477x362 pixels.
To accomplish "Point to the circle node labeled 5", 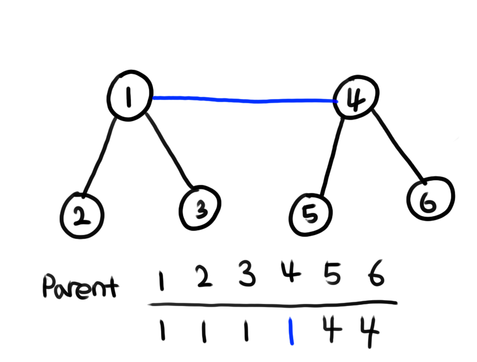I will pos(311,215).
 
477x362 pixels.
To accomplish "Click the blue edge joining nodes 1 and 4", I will pos(242,100).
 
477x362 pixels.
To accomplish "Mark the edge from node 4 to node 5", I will pos(332,156).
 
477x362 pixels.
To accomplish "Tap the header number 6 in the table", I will pos(375,278).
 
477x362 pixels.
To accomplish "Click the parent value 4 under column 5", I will pos(332,330).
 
